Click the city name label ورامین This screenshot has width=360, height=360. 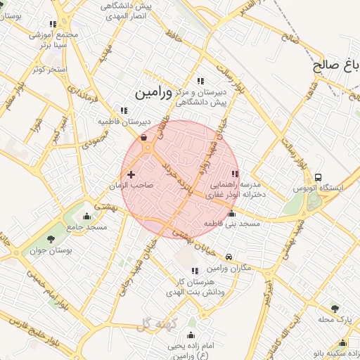(x=152, y=91)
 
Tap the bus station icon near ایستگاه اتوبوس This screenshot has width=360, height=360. (x=319, y=177)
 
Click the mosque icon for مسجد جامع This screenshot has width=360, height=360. (x=86, y=216)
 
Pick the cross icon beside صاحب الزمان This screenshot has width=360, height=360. (x=131, y=174)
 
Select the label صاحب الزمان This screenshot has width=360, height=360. (x=131, y=186)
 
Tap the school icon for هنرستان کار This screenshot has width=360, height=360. (x=195, y=271)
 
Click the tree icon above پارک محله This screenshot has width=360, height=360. (x=334, y=308)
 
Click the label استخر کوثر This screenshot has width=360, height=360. (x=49, y=70)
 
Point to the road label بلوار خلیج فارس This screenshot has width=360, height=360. (x=35, y=330)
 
